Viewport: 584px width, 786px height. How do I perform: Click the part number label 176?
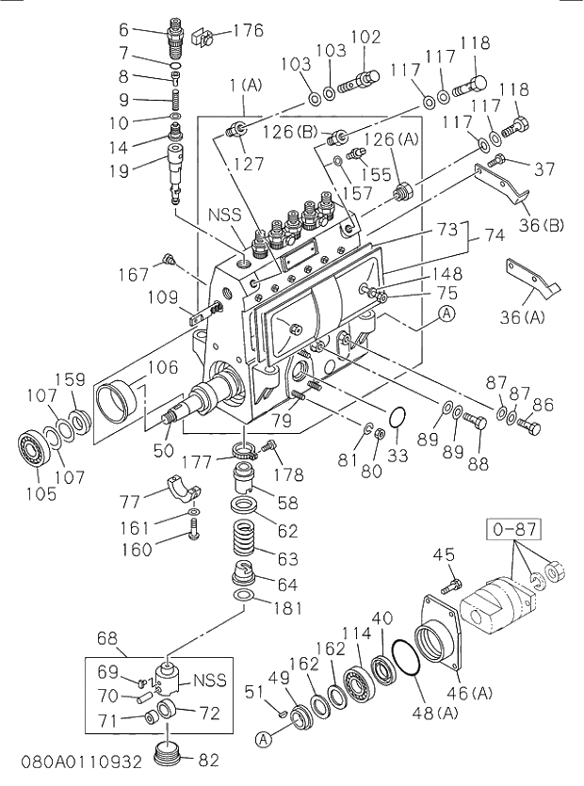point(248,31)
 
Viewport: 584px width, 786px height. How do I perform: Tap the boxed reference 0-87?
point(511,530)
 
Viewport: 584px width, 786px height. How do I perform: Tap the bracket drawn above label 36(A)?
point(532,278)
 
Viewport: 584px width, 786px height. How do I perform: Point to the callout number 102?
point(365,38)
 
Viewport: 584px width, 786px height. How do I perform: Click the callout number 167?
point(134,275)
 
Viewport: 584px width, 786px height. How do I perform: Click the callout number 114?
point(350,634)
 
